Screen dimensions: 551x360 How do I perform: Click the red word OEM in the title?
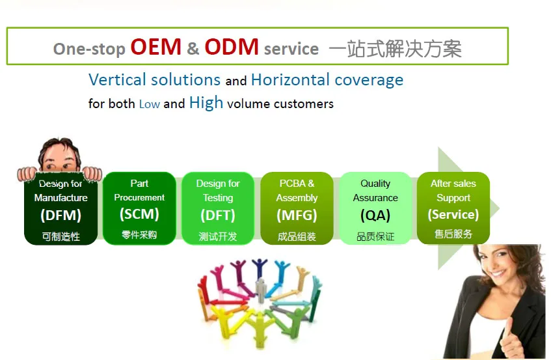[155, 47]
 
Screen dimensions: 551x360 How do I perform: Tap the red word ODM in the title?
[232, 47]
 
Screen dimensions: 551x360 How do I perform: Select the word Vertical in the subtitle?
[117, 79]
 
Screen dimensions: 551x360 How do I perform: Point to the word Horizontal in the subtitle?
[290, 79]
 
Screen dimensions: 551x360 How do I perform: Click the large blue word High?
[206, 103]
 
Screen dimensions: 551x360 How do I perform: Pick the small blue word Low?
[150, 104]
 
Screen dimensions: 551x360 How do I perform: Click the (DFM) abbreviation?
[60, 215]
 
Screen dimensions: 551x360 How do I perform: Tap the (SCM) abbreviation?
[139, 214]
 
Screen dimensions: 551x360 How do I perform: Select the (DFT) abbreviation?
[218, 215]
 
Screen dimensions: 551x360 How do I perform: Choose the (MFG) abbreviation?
[297, 215]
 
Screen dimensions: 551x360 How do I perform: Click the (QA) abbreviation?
[375, 215]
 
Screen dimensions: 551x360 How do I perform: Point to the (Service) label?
[453, 214]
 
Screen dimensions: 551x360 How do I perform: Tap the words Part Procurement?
[139, 190]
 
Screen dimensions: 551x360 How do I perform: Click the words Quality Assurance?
[375, 191]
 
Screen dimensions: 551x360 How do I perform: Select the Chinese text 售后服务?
[453, 234]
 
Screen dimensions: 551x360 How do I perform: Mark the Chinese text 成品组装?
[297, 236]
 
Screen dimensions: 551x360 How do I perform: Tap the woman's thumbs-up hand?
[513, 337]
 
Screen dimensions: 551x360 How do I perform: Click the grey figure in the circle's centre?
[260, 290]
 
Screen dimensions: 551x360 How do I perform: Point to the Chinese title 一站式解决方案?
[396, 48]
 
